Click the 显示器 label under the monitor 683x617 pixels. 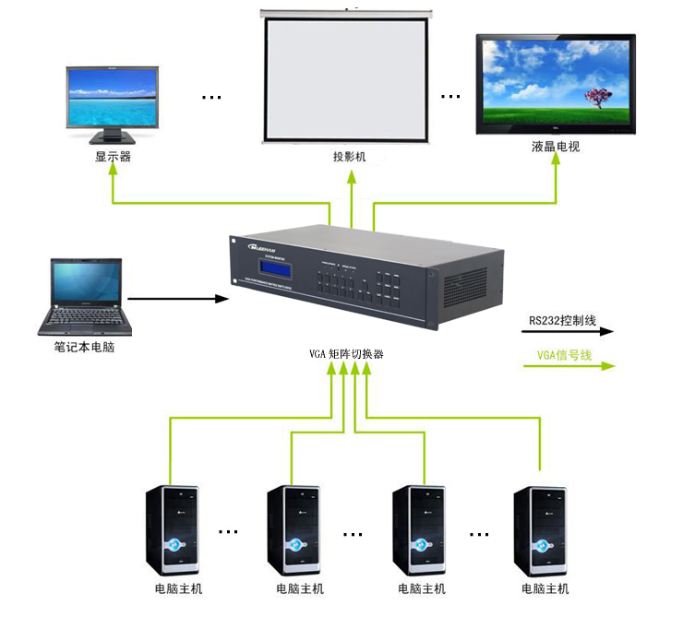[x=113, y=157]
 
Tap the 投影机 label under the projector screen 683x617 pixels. [x=350, y=157]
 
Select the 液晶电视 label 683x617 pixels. [x=556, y=147]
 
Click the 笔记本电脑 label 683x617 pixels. [x=84, y=349]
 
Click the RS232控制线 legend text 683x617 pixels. [x=562, y=321]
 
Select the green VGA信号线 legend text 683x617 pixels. [x=564, y=355]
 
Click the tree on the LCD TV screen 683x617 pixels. [x=599, y=96]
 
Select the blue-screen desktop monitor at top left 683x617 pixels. [x=113, y=101]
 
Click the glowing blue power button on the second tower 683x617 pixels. [x=293, y=543]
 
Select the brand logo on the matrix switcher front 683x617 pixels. [x=268, y=247]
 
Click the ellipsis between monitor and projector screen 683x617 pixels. [x=211, y=96]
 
